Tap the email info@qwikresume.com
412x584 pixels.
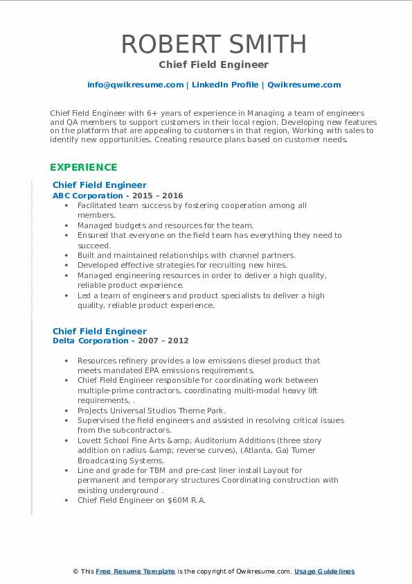point(135,85)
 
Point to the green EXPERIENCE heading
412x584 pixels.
point(83,167)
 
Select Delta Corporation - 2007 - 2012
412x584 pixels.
point(120,341)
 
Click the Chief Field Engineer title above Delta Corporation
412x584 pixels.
point(99,331)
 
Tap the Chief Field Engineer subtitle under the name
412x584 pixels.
point(213,65)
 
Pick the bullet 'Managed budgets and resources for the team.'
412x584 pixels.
point(165,225)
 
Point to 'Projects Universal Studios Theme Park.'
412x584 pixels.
point(152,411)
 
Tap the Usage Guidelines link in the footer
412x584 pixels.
point(324,571)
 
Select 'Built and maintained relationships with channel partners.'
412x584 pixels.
point(186,255)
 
